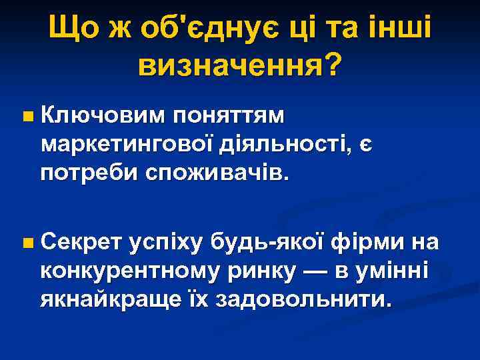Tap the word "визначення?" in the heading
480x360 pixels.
click(239, 65)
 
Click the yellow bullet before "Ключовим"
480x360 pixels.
click(26, 118)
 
